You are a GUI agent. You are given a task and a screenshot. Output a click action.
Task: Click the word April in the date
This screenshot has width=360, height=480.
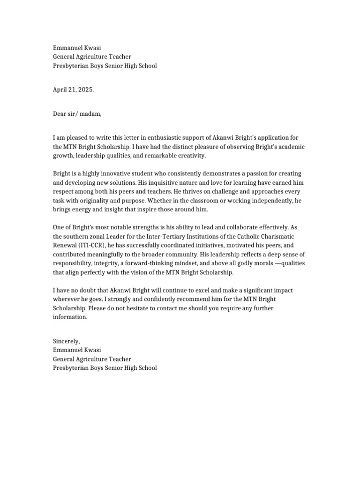pos(60,90)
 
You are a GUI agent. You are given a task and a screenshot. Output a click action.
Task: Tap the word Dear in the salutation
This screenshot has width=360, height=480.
pos(60,114)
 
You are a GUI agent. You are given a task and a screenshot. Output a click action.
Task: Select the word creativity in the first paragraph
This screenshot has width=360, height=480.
pos(187,155)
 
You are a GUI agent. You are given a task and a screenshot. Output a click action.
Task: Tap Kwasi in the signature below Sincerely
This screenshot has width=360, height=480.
pos(93,350)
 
